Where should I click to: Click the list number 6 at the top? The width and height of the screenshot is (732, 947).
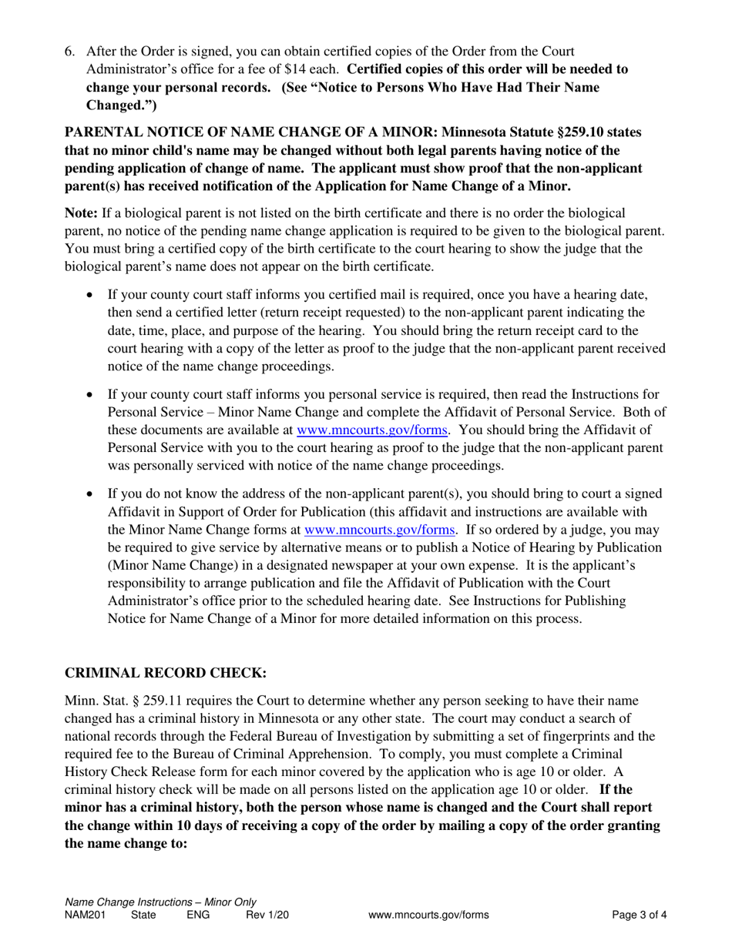point(69,52)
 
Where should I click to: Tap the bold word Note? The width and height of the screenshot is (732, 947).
point(81,212)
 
